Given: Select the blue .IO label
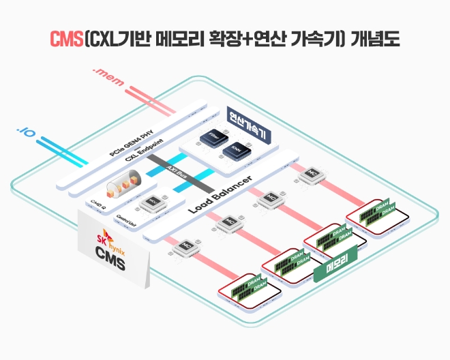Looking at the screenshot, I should coord(26,129).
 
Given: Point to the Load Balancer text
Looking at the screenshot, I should coord(220,194).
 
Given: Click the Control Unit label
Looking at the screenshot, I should coord(125,219).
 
